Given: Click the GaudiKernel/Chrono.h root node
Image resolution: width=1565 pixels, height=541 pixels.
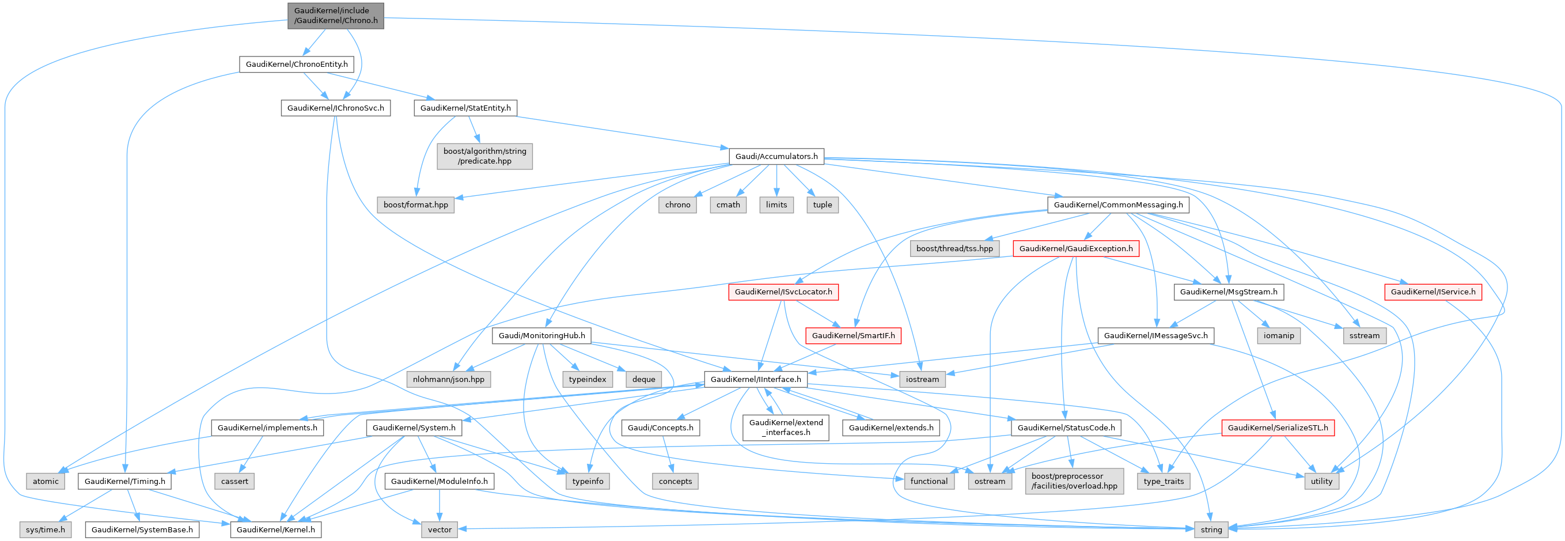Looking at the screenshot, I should point(336,15).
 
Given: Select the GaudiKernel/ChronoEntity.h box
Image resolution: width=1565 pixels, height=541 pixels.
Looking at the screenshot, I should point(297,64).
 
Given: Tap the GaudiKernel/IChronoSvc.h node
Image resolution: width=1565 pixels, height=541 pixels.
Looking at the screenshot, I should point(335,108).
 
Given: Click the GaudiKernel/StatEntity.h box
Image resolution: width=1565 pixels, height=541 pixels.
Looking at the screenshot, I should point(465,108).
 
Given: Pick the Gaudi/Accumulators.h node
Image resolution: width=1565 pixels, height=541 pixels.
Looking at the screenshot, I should point(776,156).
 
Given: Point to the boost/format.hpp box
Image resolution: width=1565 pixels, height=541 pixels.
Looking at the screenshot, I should point(415,205).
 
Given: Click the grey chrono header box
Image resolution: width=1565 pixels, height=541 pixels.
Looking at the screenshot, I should point(677,205).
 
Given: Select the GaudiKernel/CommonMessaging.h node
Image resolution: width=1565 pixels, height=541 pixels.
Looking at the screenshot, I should point(1118,205).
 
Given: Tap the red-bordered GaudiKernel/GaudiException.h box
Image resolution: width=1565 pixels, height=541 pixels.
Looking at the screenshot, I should point(1075,249).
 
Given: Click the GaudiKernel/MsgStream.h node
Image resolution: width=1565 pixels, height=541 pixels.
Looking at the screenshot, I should point(1229,292).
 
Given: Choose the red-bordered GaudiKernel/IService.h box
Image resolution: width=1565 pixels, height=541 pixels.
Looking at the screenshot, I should point(1433,292).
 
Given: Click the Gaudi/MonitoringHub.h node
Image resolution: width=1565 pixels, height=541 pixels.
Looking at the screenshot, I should point(541,335).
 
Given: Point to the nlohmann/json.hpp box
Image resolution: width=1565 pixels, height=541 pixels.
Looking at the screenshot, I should point(448,379).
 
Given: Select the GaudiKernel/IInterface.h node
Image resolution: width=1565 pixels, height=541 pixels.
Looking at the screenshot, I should point(755,379).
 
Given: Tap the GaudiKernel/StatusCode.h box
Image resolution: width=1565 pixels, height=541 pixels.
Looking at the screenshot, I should point(1066,428).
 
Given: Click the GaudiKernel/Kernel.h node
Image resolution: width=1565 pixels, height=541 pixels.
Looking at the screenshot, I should point(276,529).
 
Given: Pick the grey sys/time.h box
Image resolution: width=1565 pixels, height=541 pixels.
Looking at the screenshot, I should point(46,529).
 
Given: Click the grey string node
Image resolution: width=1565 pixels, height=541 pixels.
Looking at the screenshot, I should point(1211,529).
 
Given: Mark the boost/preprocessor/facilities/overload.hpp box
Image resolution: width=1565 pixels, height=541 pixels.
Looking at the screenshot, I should point(1074,481).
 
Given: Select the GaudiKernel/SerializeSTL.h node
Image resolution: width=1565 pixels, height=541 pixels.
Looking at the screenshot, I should point(1278,428).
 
